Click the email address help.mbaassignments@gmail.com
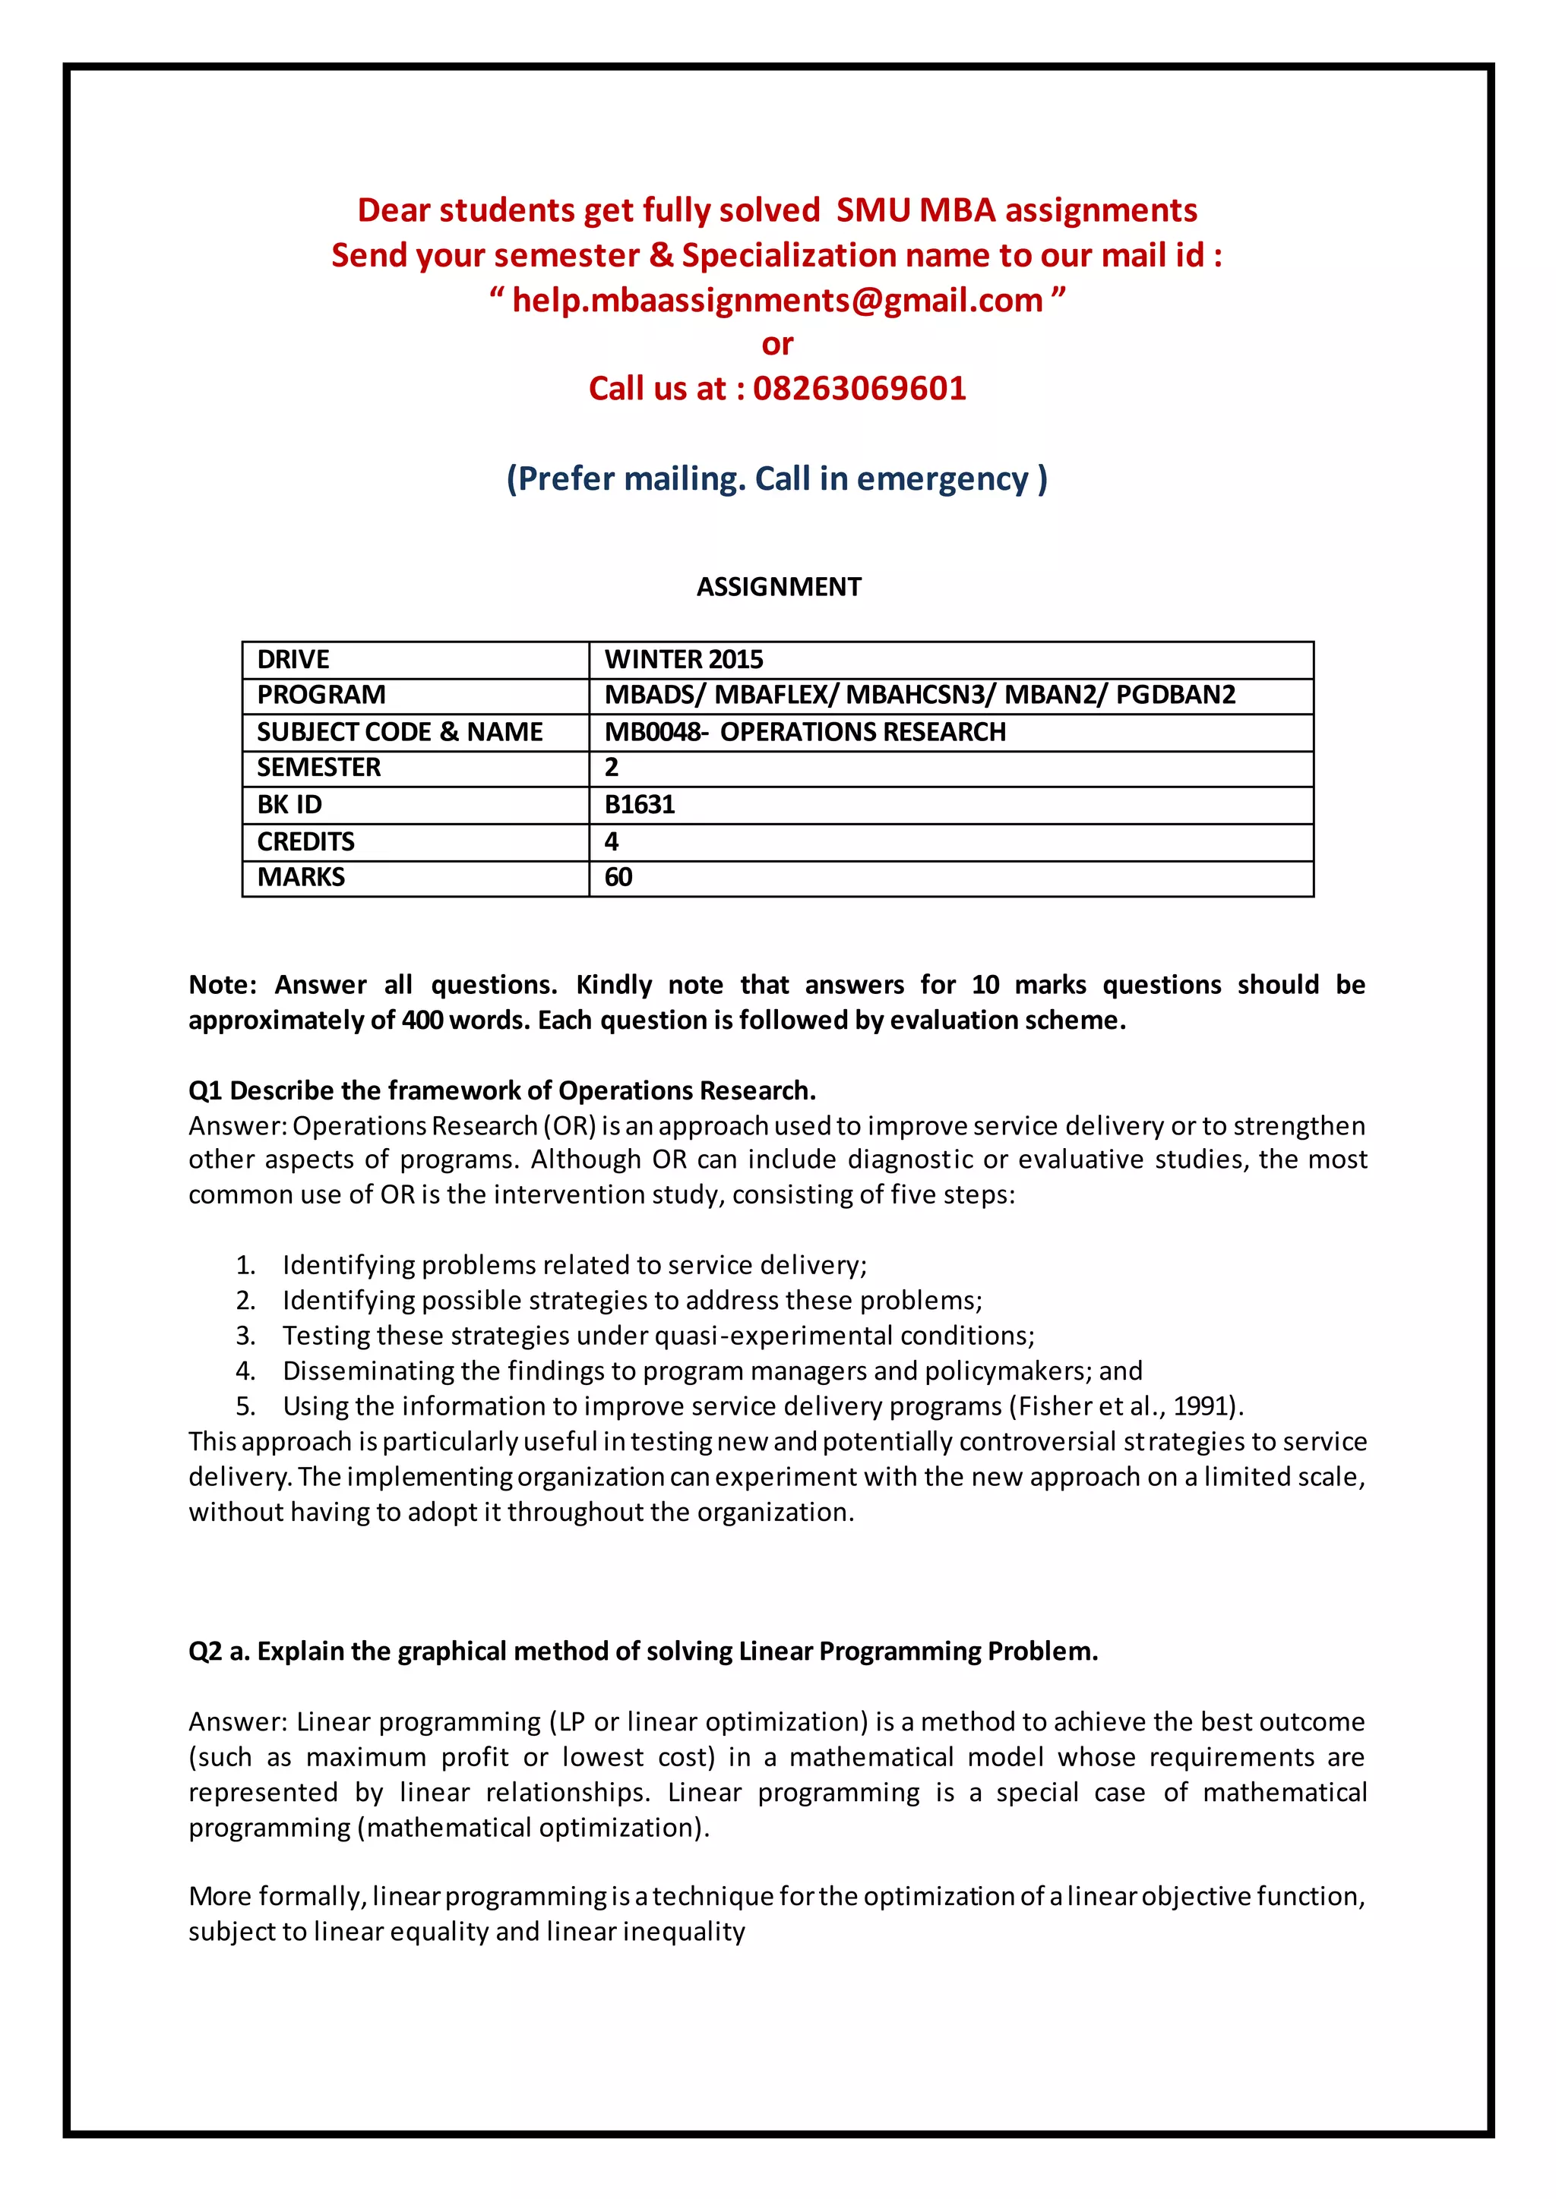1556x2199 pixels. [x=777, y=300]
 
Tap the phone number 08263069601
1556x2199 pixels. [x=859, y=388]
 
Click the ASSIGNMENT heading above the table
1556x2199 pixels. [x=778, y=586]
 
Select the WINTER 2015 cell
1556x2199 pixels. [x=683, y=659]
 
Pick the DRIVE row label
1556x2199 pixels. [x=293, y=659]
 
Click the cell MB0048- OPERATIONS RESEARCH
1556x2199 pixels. [x=805, y=732]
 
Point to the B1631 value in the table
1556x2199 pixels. [x=639, y=805]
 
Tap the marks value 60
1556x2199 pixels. [x=618, y=876]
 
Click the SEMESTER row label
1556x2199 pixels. [x=318, y=767]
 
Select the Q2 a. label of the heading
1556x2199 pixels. [x=219, y=1652]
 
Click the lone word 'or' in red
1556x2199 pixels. [x=777, y=344]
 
